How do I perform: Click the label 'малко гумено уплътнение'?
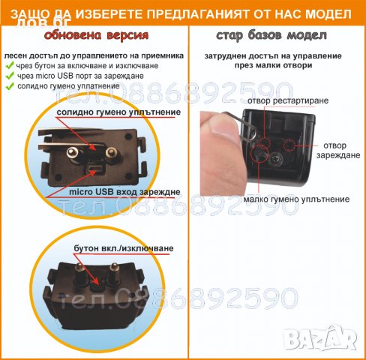click(296, 199)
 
